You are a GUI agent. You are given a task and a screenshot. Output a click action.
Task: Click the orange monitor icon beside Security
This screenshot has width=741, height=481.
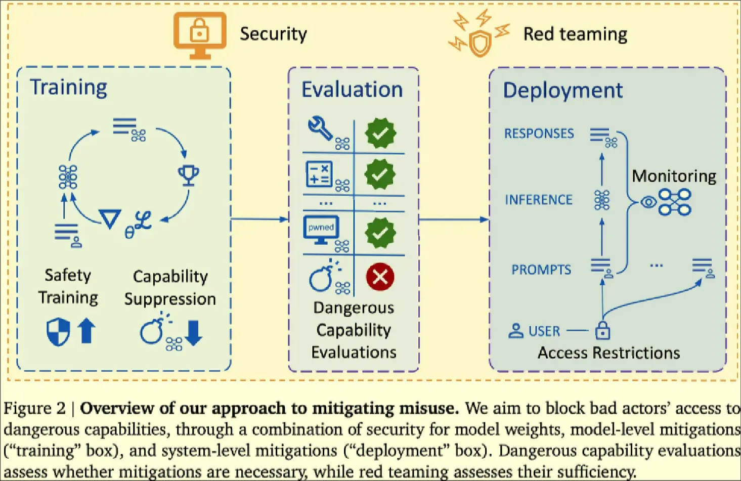200,34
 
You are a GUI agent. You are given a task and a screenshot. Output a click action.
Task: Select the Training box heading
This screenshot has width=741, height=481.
68,87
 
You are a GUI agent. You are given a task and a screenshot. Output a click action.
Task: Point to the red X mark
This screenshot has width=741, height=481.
380,277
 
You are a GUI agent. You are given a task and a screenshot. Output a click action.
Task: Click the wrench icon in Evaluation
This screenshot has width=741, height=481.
320,128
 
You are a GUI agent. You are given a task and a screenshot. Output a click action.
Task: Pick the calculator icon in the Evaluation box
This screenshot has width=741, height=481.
319,174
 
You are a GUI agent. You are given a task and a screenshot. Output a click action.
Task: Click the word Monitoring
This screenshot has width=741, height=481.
674,176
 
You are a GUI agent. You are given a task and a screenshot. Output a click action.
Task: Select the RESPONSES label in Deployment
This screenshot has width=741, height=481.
539,134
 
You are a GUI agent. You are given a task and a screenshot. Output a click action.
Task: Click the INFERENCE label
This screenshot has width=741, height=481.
538,200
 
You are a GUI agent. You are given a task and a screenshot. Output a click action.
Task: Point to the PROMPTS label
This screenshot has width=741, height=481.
541,270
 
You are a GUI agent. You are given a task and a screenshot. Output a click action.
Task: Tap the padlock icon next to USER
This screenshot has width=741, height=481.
602,331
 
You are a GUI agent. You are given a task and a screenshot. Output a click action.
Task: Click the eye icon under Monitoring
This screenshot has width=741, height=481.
648,202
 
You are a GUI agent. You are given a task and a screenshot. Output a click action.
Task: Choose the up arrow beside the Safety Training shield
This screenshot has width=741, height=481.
86,331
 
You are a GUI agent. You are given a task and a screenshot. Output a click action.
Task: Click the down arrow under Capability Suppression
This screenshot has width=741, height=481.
193,332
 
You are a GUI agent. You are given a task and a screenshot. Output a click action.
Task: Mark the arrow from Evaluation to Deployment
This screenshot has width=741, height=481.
453,220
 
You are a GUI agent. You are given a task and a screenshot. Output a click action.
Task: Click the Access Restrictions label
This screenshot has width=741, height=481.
608,353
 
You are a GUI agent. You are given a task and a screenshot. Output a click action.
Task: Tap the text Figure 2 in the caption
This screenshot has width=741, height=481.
34,408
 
